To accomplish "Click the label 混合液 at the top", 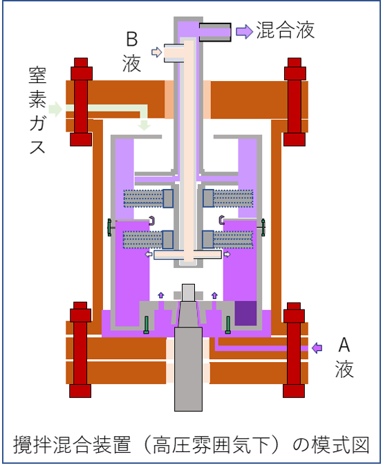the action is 286,30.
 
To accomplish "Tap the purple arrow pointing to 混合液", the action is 244,31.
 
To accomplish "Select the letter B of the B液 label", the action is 132,39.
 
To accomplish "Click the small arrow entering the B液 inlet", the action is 157,53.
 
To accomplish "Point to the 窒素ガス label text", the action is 37,110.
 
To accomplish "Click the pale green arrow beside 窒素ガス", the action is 55,109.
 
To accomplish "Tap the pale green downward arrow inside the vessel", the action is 144,125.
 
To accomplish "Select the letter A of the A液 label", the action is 344,345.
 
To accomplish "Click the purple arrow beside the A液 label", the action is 317,348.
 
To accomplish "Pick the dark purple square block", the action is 245,314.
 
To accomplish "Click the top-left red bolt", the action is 81,102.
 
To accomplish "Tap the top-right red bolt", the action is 295,102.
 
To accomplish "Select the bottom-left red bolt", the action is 80,350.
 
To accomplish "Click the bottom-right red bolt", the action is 294,350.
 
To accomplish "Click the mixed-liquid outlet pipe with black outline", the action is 215,32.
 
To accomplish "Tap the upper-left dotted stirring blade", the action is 149,199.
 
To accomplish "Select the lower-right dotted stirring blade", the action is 227,239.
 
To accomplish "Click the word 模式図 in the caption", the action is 340,445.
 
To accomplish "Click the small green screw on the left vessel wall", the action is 109,227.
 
